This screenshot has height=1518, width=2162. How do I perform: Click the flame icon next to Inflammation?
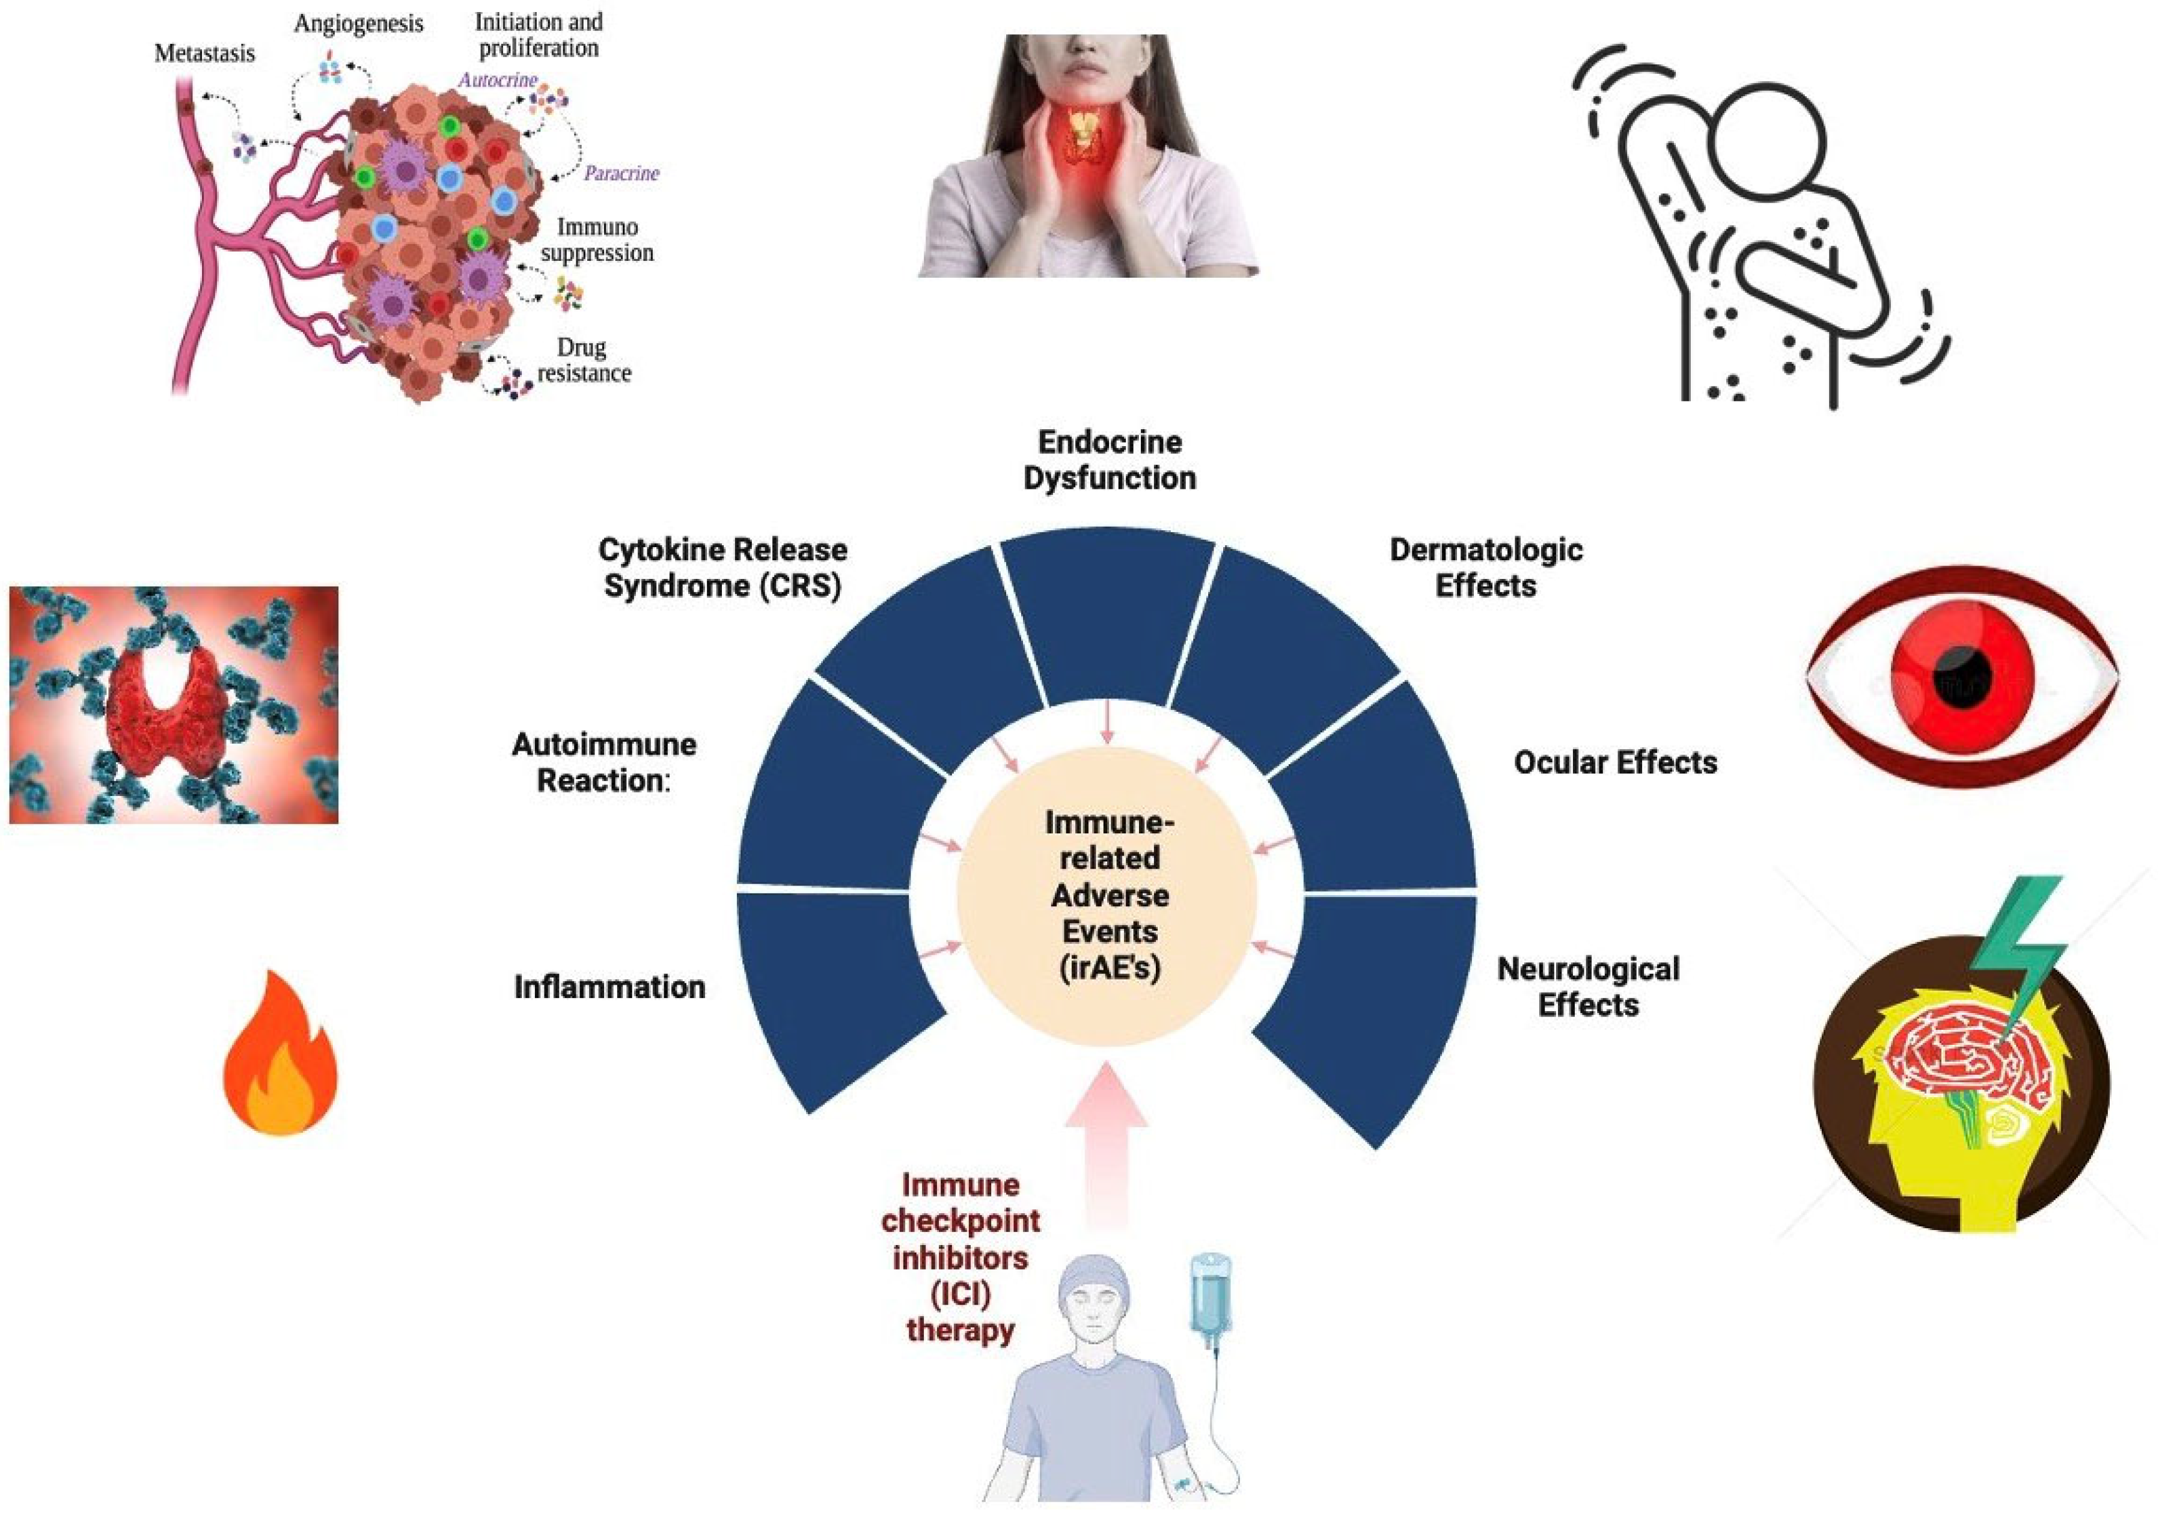coord(281,1056)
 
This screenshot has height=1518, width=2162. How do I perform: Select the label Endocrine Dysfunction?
coord(1109,459)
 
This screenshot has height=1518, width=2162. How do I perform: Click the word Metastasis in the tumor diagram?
coord(204,54)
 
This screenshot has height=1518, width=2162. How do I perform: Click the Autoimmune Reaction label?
coord(603,762)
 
